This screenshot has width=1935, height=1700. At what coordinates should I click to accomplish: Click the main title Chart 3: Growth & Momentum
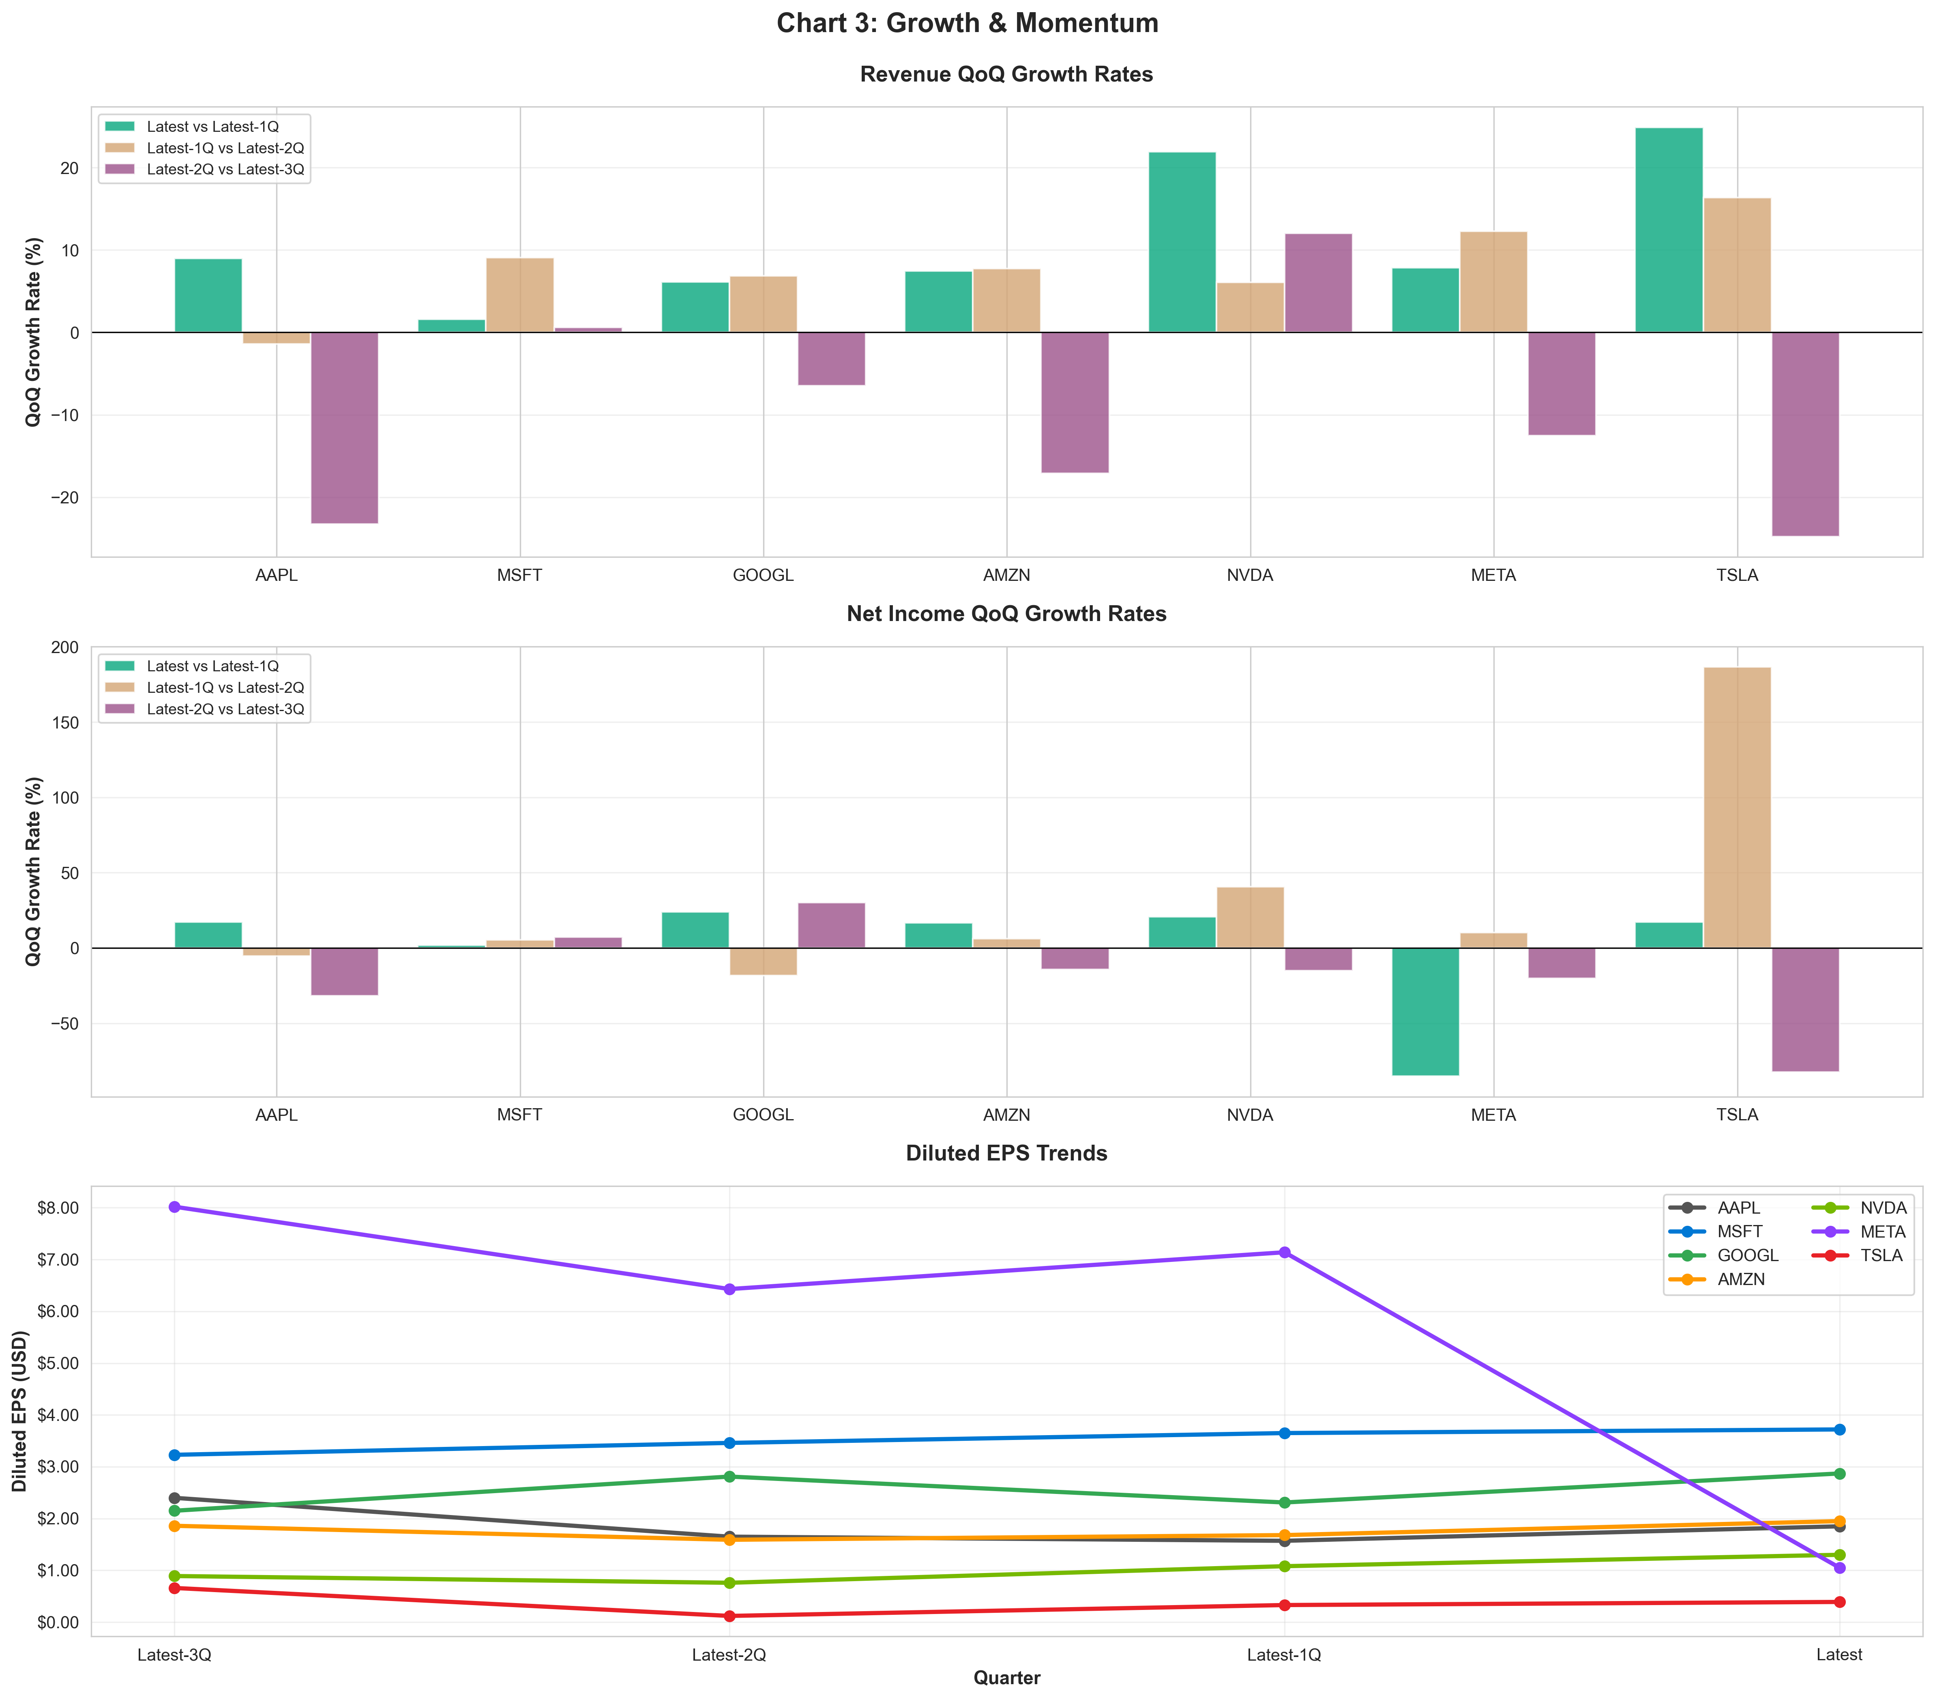(967, 24)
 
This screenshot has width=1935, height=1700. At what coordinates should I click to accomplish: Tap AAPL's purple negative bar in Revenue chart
(345, 427)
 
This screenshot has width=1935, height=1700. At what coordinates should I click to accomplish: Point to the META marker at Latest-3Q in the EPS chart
(174, 1207)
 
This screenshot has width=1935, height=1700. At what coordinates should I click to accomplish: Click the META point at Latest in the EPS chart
(1838, 1567)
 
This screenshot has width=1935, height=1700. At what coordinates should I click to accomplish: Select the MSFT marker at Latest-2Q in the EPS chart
(729, 1442)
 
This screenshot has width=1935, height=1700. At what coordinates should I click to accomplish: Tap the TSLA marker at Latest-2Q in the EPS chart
(729, 1616)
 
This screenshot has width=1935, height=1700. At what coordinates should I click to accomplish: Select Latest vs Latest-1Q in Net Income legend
(212, 666)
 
